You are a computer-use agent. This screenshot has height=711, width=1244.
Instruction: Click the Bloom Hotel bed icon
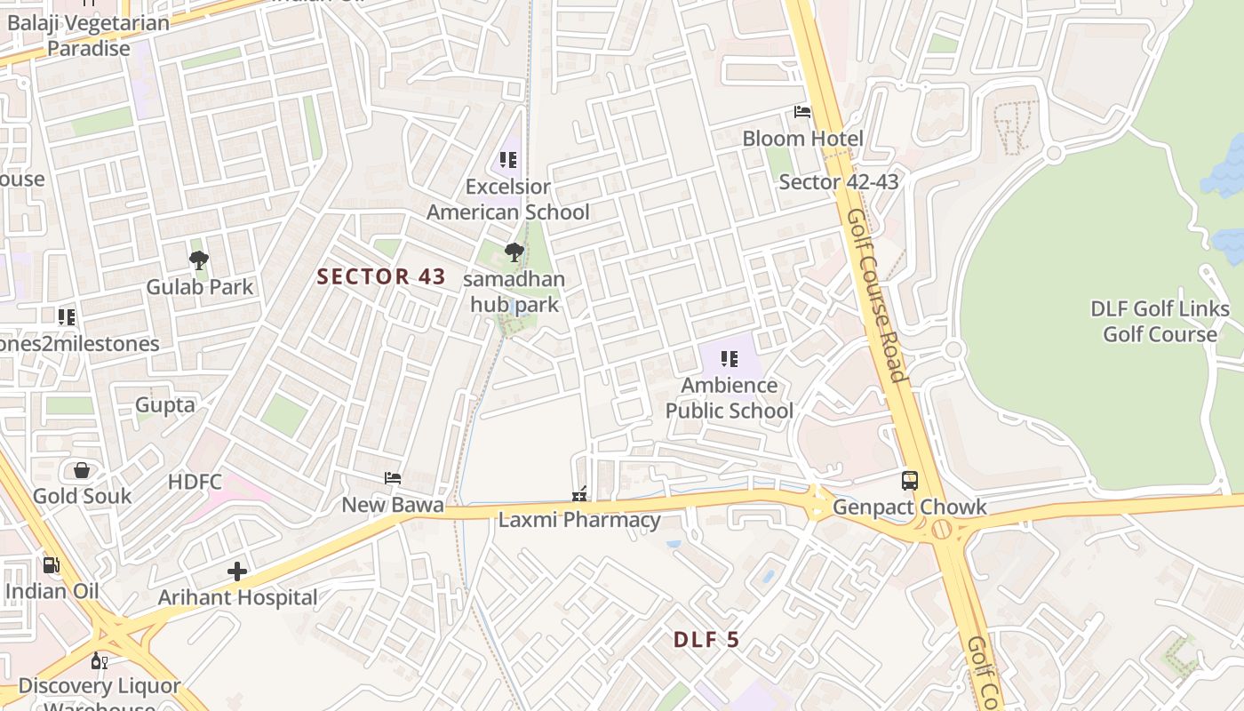[802, 112]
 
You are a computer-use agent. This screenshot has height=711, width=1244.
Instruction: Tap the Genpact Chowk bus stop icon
[910, 480]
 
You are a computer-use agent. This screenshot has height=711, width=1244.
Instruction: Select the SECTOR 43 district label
[381, 276]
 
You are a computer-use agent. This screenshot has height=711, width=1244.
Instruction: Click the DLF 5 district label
[706, 640]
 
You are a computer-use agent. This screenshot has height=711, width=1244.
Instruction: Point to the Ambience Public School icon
[730, 359]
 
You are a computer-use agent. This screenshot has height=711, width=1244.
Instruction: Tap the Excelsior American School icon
[508, 160]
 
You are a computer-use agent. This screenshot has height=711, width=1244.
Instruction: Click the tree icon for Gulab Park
[199, 260]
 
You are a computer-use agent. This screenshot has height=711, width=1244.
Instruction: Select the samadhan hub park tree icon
[514, 252]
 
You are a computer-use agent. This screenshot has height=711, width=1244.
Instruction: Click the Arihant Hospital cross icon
[237, 571]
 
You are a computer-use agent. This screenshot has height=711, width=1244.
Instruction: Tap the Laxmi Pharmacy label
[579, 520]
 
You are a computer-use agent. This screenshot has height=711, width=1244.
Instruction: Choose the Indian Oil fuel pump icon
[52, 564]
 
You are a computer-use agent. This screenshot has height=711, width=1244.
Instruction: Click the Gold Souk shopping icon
[82, 470]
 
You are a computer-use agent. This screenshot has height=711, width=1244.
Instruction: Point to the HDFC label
[195, 482]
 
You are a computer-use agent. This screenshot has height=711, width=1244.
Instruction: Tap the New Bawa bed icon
[393, 478]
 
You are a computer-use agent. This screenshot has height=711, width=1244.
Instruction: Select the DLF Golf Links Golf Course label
[1160, 322]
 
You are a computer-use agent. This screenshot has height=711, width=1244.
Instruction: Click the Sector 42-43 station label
[839, 182]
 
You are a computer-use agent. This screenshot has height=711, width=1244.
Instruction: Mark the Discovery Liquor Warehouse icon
[100, 661]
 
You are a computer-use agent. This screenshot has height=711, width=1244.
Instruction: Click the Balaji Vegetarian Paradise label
[88, 36]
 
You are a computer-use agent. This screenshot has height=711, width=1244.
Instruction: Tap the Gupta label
[164, 405]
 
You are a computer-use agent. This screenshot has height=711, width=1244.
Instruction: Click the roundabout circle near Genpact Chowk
[941, 531]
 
